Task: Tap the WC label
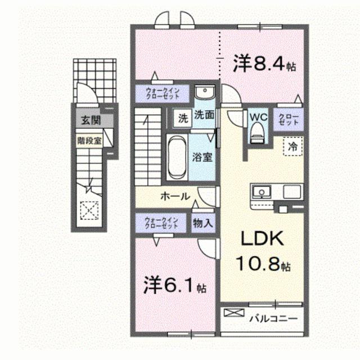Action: (258, 116)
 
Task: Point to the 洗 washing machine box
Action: (182, 119)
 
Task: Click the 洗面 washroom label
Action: (204, 115)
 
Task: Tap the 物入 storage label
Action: (203, 222)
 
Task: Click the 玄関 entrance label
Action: (89, 119)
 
